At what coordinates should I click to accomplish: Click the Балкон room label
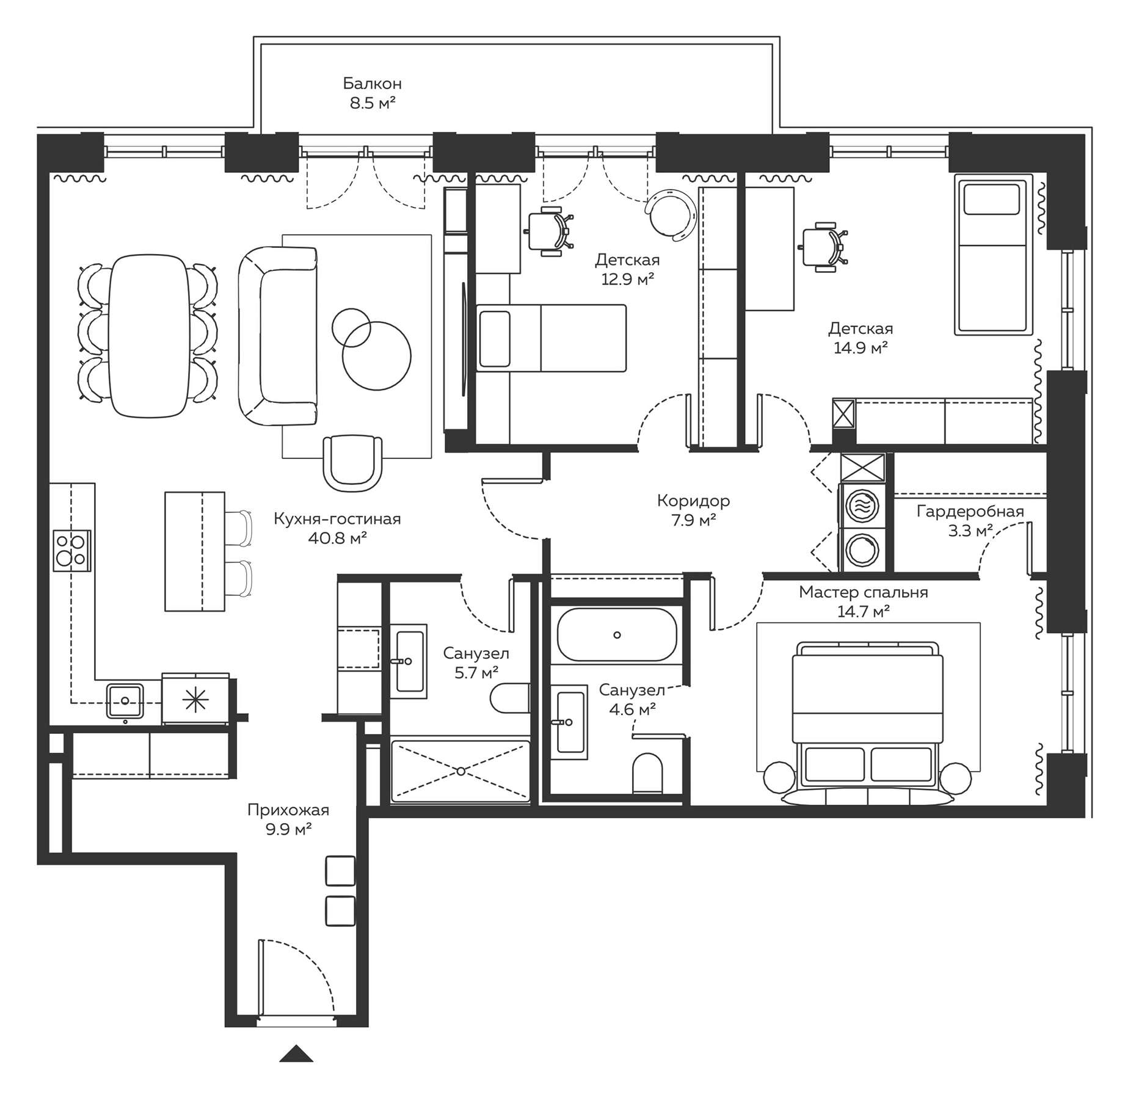372,83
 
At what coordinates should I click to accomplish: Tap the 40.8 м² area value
337,539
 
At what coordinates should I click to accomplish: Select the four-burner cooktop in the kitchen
72,550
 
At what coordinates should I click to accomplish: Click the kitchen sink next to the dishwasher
125,701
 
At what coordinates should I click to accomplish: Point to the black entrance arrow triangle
296,1054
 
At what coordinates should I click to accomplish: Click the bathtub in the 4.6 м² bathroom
617,635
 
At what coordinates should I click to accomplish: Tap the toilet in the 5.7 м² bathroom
510,698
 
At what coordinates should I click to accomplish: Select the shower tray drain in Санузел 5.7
460,771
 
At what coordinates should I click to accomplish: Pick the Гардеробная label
970,512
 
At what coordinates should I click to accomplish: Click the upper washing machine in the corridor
862,506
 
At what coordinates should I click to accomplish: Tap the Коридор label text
693,501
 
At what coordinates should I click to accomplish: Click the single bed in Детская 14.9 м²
994,255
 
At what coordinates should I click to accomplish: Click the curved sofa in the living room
278,336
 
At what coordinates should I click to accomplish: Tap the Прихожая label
288,810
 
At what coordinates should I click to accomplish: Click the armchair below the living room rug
352,462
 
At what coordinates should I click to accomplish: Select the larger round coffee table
376,356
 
